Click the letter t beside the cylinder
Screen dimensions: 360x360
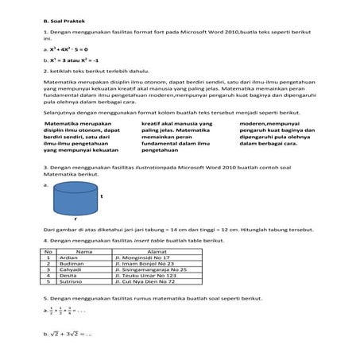point(102,195)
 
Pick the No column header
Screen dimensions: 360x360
point(48,251)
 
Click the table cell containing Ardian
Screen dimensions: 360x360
point(71,257)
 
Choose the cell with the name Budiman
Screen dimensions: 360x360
point(72,264)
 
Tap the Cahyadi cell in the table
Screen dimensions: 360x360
point(72,270)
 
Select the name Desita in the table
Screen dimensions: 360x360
point(69,276)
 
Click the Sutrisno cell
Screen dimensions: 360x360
point(72,282)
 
